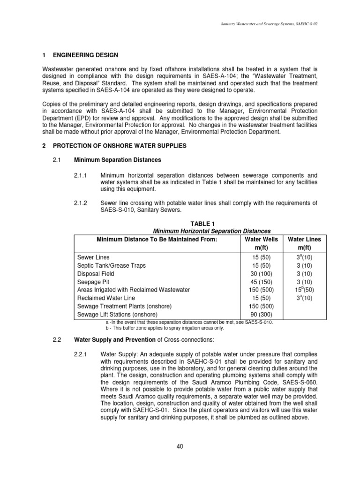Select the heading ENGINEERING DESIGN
(86, 55)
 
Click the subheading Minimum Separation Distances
(118, 160)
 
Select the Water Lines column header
(304, 240)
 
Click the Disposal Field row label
(95, 274)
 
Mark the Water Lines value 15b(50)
(304, 290)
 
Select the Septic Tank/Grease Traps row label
(111, 265)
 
